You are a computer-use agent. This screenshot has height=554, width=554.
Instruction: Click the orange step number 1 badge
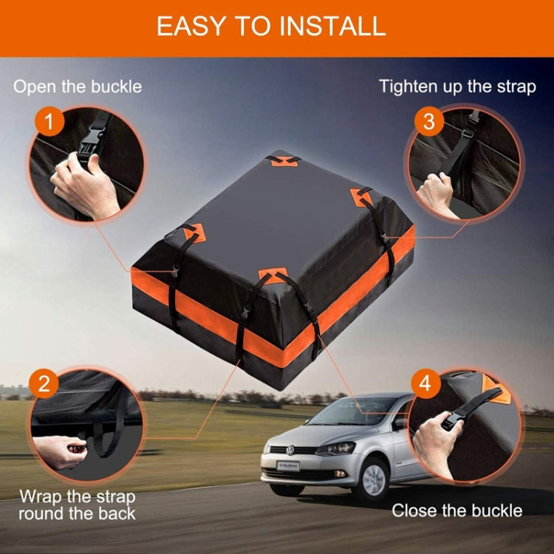[49, 121]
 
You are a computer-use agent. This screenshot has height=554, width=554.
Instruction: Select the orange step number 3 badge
[429, 121]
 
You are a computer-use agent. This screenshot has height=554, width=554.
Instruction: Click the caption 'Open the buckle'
[78, 86]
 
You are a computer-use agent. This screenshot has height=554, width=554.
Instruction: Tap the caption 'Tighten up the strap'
[457, 86]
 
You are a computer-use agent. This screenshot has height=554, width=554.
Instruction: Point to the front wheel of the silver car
[373, 478]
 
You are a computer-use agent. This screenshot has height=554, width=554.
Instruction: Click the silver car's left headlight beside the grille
[336, 448]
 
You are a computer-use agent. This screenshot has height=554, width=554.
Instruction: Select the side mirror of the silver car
[400, 423]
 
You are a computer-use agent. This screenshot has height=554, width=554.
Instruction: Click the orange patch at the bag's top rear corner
[281, 160]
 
